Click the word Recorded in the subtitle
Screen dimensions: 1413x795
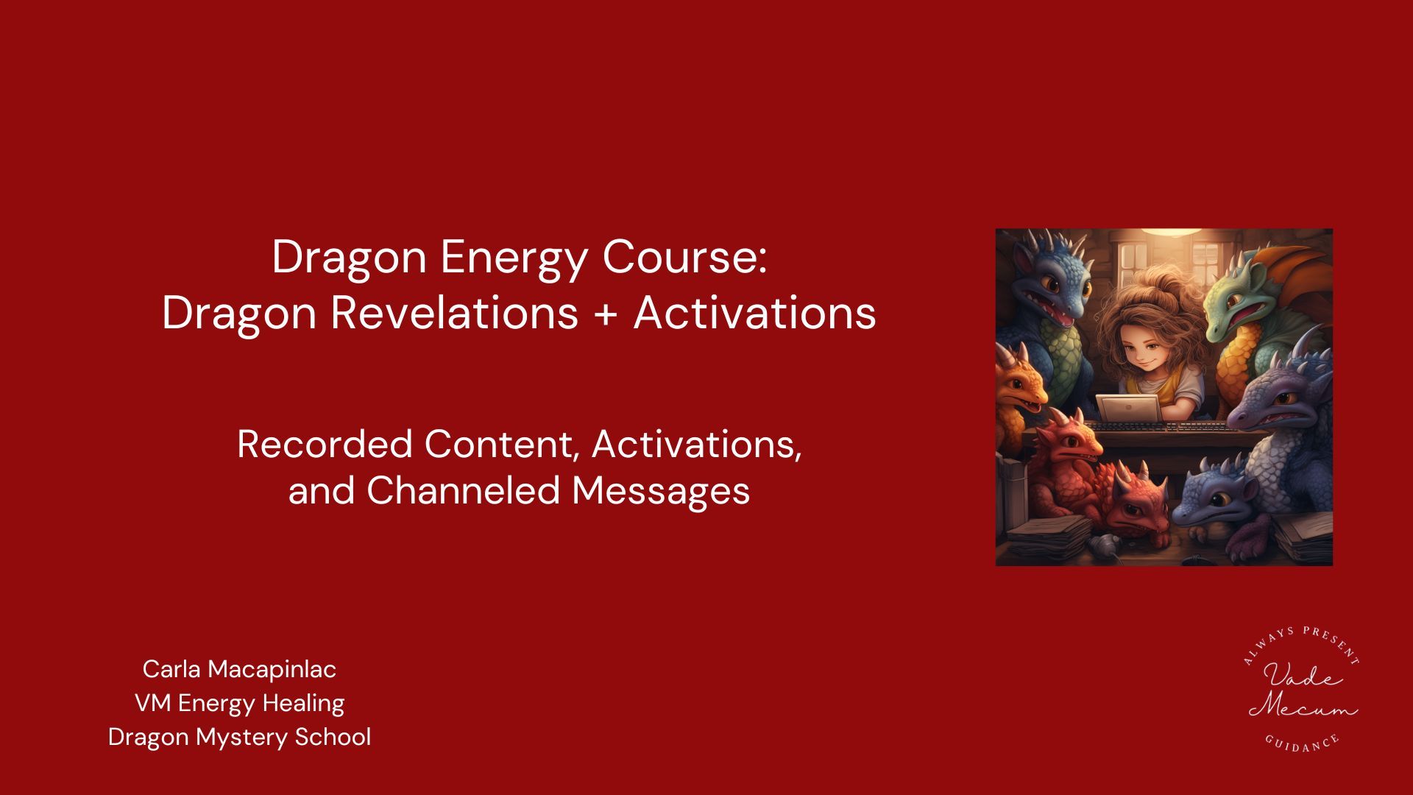tap(325, 445)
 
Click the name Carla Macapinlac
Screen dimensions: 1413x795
tap(239, 669)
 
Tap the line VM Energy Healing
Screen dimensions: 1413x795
tap(239, 703)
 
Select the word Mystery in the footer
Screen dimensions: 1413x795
tap(241, 738)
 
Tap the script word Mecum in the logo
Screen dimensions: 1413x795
tap(1303, 707)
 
